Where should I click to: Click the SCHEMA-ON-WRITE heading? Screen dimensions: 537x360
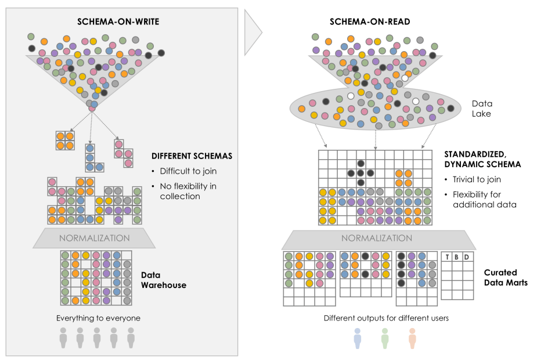point(118,21)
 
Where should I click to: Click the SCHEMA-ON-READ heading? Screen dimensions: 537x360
point(370,21)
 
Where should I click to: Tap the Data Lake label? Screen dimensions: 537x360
point(482,109)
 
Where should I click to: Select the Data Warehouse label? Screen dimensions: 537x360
point(164,280)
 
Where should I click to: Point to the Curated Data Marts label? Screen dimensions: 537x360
point(506,278)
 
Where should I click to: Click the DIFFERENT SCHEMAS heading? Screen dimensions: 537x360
point(192,156)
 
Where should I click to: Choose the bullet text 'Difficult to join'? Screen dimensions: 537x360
point(188,171)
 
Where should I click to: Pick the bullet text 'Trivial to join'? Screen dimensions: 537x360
point(477,179)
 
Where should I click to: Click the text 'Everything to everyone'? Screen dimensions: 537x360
point(98,318)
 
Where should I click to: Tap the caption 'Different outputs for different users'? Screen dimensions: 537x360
point(386,318)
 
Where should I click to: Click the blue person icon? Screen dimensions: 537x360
point(358,339)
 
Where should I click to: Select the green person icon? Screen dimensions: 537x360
point(385,339)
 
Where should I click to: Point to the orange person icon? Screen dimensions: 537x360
point(412,339)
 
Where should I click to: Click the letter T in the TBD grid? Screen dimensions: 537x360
point(447,257)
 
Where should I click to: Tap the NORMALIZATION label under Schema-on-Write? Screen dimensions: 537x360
point(95,238)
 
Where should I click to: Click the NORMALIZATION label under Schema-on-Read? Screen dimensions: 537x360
point(377,238)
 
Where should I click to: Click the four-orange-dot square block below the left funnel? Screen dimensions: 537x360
point(65,141)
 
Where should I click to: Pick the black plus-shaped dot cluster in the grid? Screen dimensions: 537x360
point(361,173)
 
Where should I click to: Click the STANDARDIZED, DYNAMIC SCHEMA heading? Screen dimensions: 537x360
point(482,159)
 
